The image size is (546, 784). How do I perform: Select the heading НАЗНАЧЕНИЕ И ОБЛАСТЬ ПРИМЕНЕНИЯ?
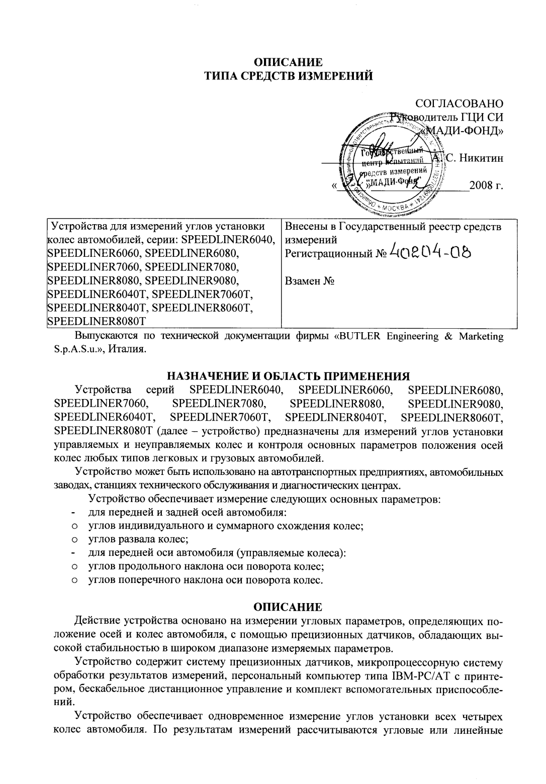pyautogui.click(x=288, y=376)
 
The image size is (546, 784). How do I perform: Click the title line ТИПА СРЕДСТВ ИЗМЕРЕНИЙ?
pyautogui.click(x=288, y=76)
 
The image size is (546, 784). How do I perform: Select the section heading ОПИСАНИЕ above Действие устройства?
pyautogui.click(x=287, y=607)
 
